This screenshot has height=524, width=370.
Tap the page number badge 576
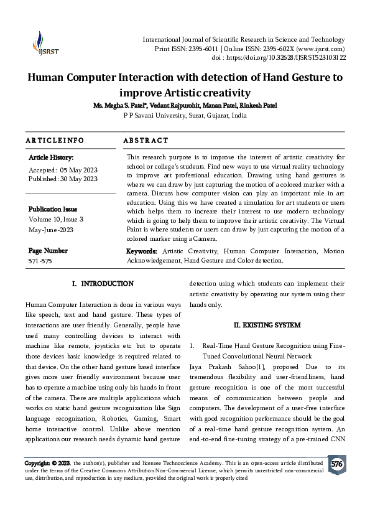pyautogui.click(x=336, y=464)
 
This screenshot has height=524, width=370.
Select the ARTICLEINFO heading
pyautogui.click(x=55, y=141)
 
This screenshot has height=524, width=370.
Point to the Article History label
pyautogui.click(x=51, y=158)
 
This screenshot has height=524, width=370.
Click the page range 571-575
pyautogui.click(x=40, y=261)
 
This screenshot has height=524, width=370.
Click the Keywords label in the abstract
pyautogui.click(x=141, y=251)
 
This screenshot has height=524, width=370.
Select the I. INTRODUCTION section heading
pyautogui.click(x=103, y=284)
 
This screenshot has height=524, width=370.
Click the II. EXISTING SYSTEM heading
pyautogui.click(x=267, y=325)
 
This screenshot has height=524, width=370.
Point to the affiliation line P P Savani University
pyautogui.click(x=185, y=115)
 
